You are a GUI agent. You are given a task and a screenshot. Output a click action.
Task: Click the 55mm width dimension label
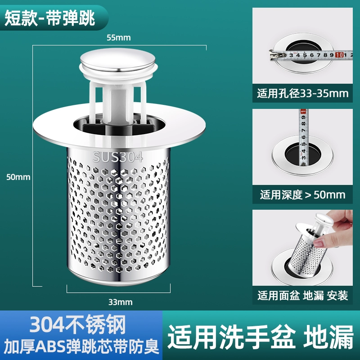(119, 38)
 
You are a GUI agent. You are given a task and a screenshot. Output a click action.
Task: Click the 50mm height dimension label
(18, 177)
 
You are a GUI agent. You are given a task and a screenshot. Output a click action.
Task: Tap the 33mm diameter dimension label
(120, 302)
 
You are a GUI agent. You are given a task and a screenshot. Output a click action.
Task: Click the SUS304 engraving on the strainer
(117, 157)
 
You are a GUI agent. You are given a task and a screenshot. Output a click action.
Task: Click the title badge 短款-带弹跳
(50, 18)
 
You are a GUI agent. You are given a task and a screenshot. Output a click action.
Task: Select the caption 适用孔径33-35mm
(302, 94)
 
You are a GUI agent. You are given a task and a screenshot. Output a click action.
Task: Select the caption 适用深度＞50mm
(302, 195)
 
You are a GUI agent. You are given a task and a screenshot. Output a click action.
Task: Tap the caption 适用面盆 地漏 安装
(302, 296)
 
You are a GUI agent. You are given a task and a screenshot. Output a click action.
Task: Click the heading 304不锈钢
(78, 324)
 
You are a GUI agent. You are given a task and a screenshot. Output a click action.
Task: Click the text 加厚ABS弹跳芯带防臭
(81, 346)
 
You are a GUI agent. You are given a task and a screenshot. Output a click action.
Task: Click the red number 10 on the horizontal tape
(339, 55)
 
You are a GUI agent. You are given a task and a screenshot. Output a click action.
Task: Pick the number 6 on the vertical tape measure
(303, 137)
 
